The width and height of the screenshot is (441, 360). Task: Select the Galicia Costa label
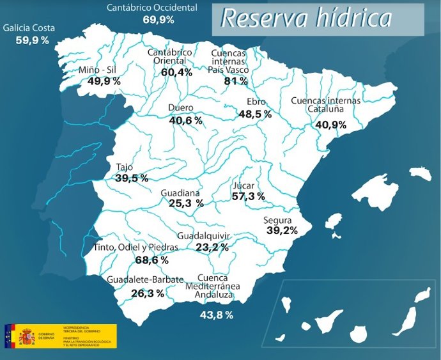(29, 29)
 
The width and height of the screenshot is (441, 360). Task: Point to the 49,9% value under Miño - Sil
(100, 81)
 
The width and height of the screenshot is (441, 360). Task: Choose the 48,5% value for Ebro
(255, 114)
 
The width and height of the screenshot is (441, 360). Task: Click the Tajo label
(125, 168)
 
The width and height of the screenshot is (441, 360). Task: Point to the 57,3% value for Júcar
(248, 196)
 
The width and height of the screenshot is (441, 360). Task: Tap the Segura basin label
(278, 221)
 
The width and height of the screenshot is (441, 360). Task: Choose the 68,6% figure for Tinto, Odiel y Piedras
(152, 260)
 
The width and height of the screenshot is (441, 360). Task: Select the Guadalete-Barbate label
(145, 280)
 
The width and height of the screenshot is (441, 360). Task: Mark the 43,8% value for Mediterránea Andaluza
(216, 315)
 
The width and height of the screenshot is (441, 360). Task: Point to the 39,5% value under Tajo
(132, 178)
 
